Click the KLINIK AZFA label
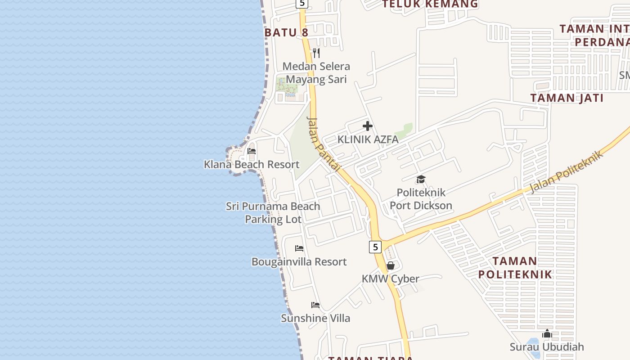(368, 139)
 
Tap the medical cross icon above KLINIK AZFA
(368, 126)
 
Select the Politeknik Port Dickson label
(421, 199)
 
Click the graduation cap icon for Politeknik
(421, 180)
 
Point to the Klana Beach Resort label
(252, 164)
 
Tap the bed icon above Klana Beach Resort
(252, 151)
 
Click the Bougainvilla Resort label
(299, 261)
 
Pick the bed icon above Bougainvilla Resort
(299, 248)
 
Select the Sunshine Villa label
(315, 318)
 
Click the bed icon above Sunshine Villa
(315, 305)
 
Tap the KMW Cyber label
(390, 279)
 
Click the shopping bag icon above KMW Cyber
(390, 265)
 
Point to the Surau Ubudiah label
(547, 346)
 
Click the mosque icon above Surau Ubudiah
(547, 333)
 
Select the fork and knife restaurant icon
(316, 53)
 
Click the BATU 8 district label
(286, 32)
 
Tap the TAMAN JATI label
(567, 98)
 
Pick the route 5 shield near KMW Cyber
(375, 247)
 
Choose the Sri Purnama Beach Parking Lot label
(273, 212)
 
